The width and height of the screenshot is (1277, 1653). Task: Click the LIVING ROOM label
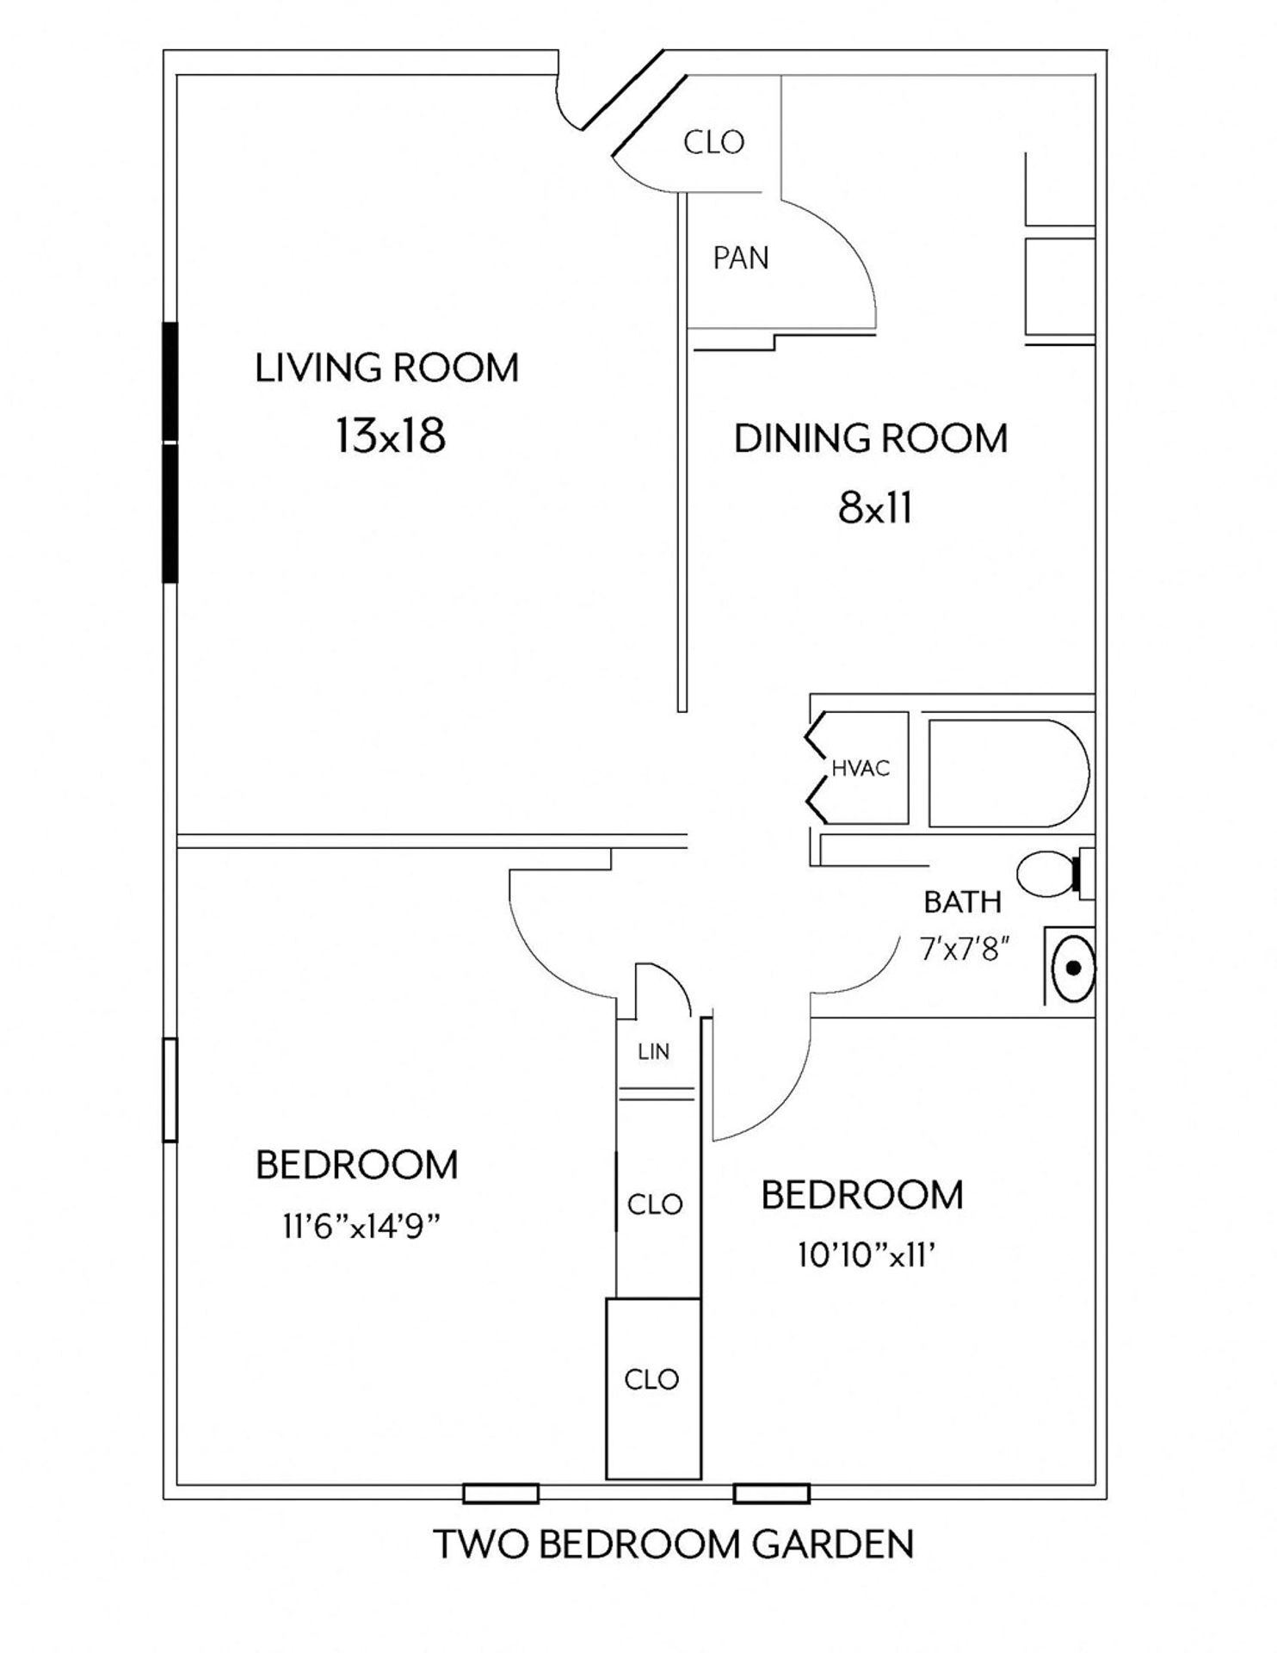[386, 368]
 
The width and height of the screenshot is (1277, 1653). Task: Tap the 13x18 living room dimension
[390, 436]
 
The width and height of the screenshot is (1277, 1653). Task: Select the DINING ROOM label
[870, 438]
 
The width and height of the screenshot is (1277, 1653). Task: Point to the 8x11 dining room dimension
[874, 508]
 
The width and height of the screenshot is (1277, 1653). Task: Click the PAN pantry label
[740, 258]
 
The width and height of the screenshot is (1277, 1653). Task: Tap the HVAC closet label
[860, 769]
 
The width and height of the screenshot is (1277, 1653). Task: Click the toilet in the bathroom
[1047, 873]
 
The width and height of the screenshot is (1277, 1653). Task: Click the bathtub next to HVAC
[1007, 772]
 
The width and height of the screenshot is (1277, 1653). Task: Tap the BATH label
[962, 902]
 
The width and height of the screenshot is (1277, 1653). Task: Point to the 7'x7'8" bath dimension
[964, 950]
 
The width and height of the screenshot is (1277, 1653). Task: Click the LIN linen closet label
[654, 1051]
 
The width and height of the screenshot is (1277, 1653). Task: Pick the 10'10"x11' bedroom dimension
[866, 1256]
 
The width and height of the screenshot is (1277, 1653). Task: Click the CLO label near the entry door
[713, 142]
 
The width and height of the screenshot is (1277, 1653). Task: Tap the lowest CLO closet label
[651, 1379]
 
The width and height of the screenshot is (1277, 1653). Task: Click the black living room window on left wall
[170, 452]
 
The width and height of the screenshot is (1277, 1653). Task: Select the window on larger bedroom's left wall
[170, 1090]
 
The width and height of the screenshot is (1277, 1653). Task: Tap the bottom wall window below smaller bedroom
[771, 1493]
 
